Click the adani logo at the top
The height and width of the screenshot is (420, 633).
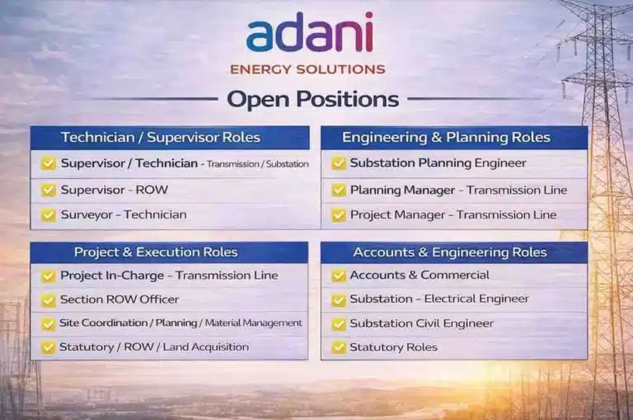(309, 35)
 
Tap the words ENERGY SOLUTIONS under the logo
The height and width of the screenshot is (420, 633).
(307, 69)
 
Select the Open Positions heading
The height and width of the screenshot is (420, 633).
(312, 100)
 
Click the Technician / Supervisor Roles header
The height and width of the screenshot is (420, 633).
(161, 137)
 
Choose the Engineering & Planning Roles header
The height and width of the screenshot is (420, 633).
(446, 137)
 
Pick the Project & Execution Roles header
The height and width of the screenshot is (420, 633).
(156, 252)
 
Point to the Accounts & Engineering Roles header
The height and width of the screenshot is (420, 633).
(450, 252)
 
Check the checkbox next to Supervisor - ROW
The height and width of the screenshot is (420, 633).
(49, 191)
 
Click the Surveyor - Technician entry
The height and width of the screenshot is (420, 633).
(123, 215)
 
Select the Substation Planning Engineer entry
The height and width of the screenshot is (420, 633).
(438, 163)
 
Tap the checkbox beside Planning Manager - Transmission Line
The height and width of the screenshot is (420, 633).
(339, 191)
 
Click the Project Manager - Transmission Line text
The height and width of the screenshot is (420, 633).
(452, 215)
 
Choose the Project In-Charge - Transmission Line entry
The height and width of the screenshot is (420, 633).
(169, 276)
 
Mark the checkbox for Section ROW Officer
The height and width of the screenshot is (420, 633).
(49, 300)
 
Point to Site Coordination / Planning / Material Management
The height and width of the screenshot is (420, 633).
(181, 323)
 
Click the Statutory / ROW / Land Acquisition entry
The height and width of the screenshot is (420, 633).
(153, 347)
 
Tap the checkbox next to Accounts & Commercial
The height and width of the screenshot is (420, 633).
(339, 276)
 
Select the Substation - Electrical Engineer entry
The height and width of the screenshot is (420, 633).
(439, 300)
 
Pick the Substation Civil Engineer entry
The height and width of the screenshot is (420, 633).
(421, 323)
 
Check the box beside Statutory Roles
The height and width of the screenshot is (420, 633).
(339, 347)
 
